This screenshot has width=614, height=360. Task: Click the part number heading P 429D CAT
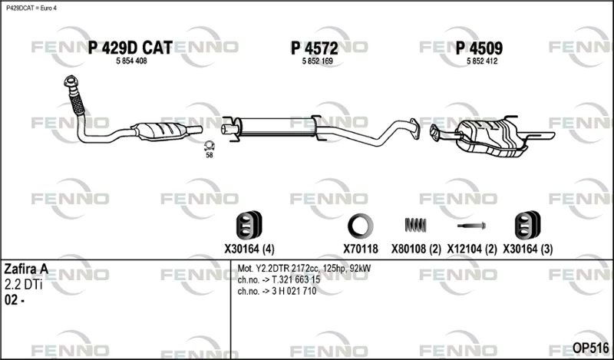pyautogui.click(x=130, y=48)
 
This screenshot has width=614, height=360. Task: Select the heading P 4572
pyautogui.click(x=314, y=48)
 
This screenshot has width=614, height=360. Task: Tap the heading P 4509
pyautogui.click(x=479, y=48)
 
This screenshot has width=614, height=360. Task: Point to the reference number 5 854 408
pyautogui.click(x=131, y=61)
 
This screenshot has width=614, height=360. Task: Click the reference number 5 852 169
pyautogui.click(x=317, y=61)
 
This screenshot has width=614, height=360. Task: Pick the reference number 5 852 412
pyautogui.click(x=482, y=61)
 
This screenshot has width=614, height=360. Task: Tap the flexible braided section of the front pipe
pyautogui.click(x=77, y=103)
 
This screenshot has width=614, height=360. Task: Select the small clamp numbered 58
pyautogui.click(x=210, y=146)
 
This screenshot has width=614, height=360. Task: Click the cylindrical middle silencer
pyautogui.click(x=276, y=127)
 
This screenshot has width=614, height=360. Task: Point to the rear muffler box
pyautogui.click(x=491, y=137)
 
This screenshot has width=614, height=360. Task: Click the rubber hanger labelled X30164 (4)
pyautogui.click(x=249, y=225)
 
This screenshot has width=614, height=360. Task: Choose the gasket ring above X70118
pyautogui.click(x=360, y=226)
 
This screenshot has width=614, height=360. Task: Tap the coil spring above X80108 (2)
pyautogui.click(x=415, y=225)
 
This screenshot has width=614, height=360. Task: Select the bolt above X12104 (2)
pyautogui.click(x=471, y=226)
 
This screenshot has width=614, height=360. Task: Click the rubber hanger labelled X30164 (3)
pyautogui.click(x=527, y=225)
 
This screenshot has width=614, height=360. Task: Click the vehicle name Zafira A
pyautogui.click(x=26, y=269)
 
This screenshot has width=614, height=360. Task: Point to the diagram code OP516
pyautogui.click(x=590, y=348)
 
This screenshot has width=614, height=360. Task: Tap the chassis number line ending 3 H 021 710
pyautogui.click(x=277, y=291)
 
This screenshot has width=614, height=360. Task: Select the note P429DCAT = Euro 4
pyautogui.click(x=31, y=8)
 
